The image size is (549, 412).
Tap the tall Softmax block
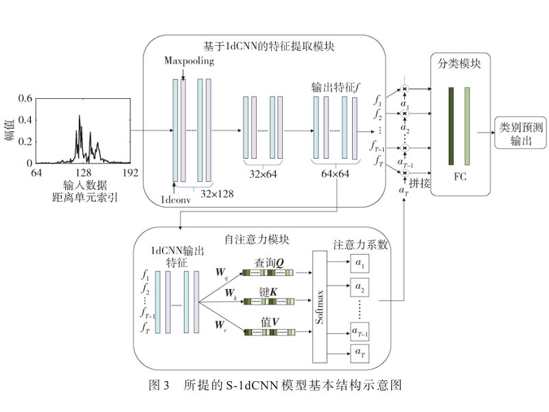(320, 306)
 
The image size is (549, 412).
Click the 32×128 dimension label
(217, 194)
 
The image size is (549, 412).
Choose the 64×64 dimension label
(333, 174)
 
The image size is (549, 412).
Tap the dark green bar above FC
(451, 126)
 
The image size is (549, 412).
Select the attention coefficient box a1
(360, 262)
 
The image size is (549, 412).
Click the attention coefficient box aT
(360, 353)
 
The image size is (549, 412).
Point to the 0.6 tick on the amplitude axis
(25, 99)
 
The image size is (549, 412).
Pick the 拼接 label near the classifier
(419, 184)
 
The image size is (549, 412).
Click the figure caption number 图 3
(159, 385)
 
